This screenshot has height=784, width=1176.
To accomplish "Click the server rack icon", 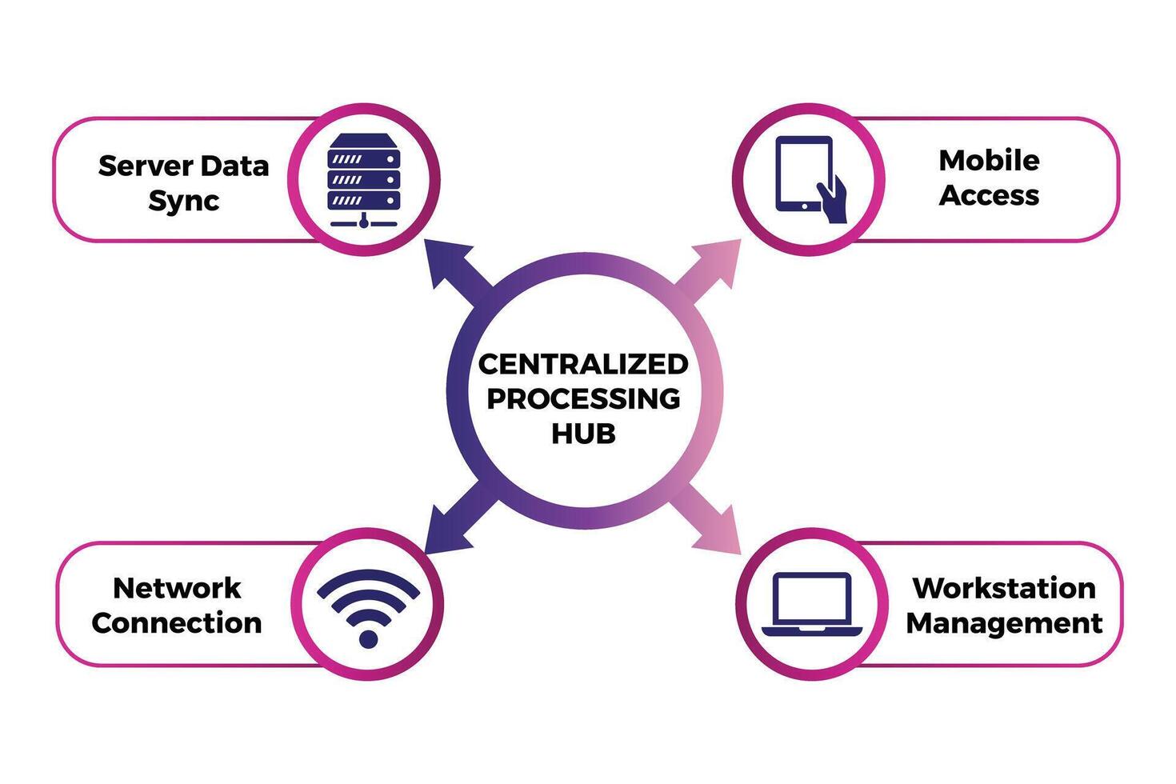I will (364, 180).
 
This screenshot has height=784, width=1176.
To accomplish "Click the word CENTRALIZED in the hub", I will (583, 364).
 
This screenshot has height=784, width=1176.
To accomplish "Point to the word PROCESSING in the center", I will (583, 398).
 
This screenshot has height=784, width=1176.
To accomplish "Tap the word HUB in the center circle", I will (583, 434).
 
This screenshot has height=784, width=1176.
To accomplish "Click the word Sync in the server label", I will (183, 201).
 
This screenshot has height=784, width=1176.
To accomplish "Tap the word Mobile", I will (989, 160).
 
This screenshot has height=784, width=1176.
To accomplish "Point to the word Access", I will (989, 195).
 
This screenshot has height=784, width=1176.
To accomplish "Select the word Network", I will (177, 588).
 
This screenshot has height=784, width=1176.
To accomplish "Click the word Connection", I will (177, 623).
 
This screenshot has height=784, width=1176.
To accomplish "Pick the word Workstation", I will (1004, 588).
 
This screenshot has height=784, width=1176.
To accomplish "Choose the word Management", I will (1004, 623).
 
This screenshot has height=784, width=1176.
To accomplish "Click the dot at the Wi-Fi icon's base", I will (368, 638).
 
